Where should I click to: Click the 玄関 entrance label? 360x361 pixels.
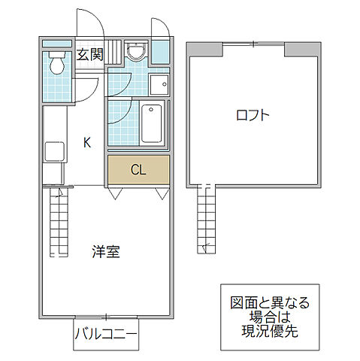(89, 54)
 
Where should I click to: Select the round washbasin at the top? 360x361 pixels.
(136, 51)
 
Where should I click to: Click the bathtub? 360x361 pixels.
(153, 123)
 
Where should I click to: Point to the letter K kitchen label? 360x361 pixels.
(87, 141)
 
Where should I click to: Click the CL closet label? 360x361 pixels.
(138, 169)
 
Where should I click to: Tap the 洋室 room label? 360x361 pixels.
(106, 252)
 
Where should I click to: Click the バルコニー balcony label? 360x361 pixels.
(106, 337)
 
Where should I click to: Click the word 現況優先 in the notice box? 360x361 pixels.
(269, 331)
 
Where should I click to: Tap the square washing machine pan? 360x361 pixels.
(159, 83)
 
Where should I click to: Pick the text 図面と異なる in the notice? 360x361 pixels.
(269, 303)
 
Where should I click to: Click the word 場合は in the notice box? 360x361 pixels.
(269, 317)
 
